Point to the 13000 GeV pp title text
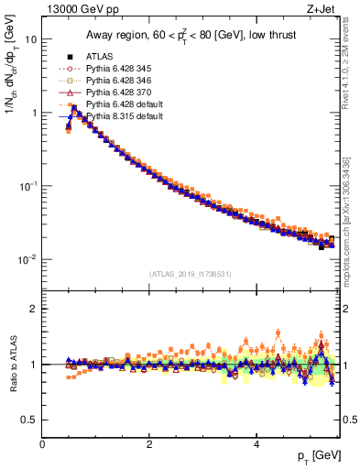(x=77, y=9)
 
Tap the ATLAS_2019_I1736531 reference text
(x=189, y=274)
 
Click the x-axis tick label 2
(x=149, y=444)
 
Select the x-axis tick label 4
(x=256, y=444)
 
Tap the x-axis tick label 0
(x=42, y=444)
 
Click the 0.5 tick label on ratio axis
(x=29, y=420)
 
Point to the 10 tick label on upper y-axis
(x=30, y=40)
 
